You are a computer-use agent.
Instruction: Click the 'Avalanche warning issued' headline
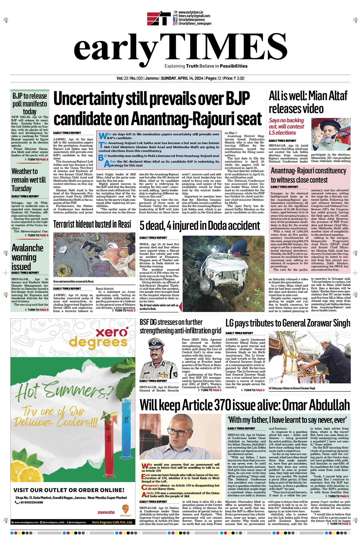pos(27,257)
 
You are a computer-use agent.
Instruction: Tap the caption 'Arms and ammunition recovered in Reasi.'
pos(74,281)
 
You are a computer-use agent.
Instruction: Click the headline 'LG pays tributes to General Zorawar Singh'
pos(288,323)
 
